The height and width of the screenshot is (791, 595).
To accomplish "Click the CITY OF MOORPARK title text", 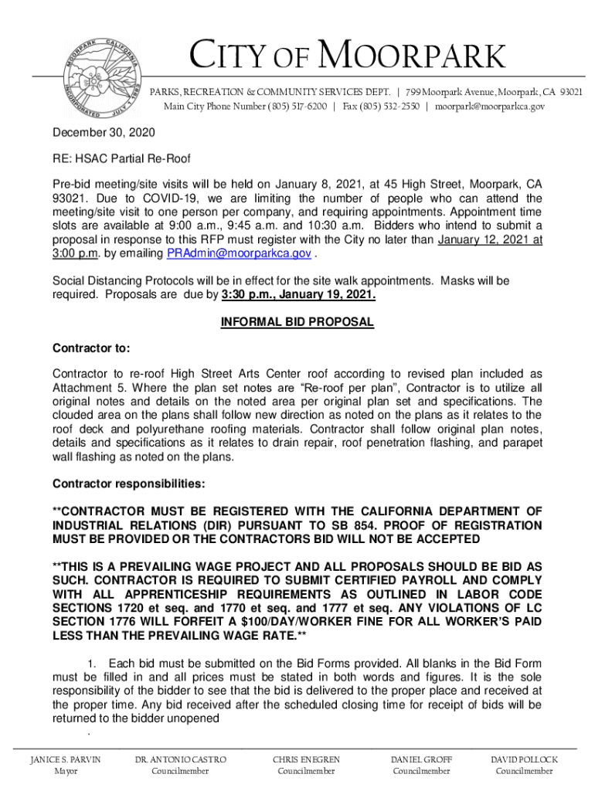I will [347, 58].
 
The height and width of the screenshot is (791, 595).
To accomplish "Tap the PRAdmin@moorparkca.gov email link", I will [240, 254].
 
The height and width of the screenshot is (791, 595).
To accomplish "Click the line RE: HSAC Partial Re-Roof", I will [121, 159].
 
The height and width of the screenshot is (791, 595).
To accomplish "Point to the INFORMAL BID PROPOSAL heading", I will [297, 322].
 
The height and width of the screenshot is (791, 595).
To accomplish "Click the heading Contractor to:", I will [91, 348].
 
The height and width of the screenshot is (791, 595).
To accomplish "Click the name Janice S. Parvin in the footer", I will [65, 759].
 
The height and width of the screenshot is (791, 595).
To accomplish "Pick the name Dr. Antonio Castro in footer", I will [180, 759].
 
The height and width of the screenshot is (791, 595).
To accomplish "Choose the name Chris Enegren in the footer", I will [306, 759].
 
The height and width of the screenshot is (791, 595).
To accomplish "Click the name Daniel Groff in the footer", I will [421, 759].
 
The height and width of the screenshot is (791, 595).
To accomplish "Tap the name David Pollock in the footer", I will [524, 759].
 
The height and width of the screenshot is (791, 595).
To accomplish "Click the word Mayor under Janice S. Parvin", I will [65, 771].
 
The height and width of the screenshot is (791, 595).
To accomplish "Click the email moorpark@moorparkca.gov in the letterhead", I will [489, 106].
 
